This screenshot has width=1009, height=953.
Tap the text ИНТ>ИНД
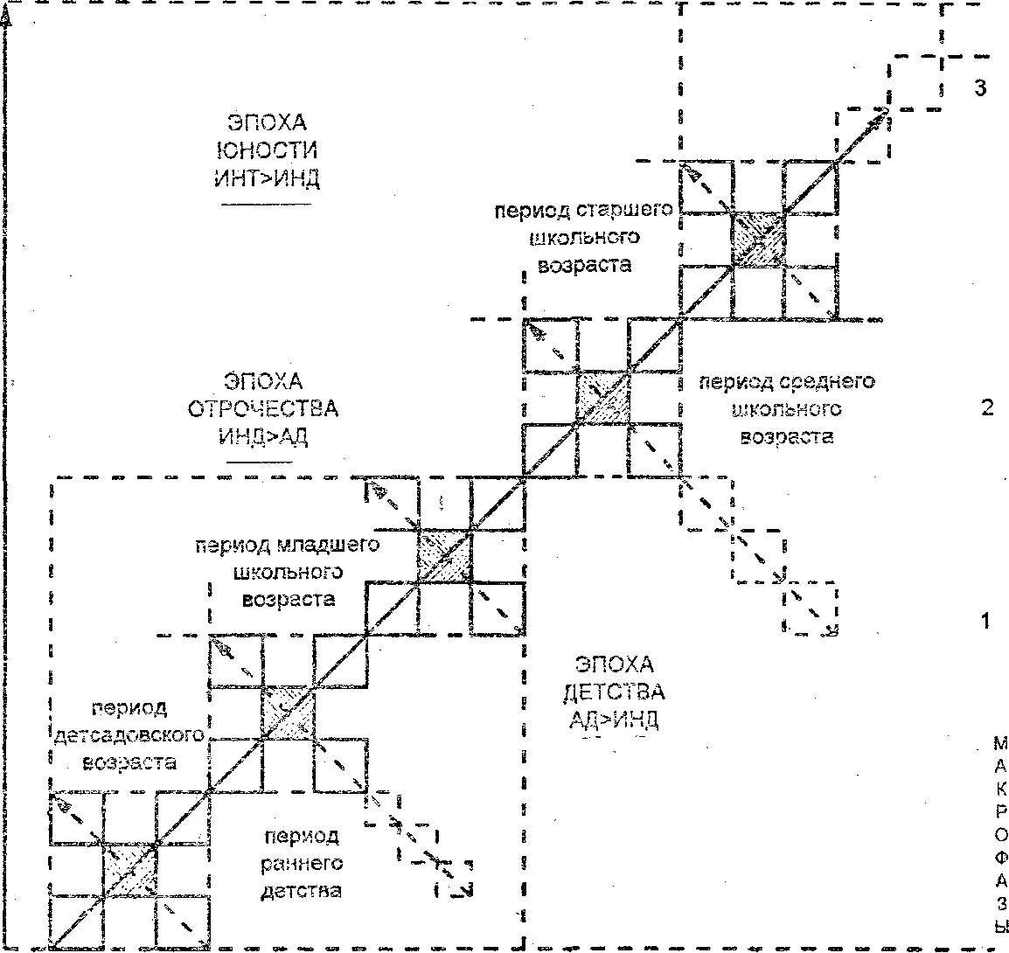266,179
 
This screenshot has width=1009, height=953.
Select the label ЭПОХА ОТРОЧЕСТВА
263,395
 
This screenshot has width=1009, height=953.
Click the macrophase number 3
980,87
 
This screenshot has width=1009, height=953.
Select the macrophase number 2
987,408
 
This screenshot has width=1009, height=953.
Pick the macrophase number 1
985,622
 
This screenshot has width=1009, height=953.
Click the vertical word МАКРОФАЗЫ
1000,835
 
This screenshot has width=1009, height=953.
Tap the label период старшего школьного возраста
584,238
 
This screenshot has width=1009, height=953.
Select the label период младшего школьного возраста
288,573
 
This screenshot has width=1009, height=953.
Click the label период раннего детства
301,864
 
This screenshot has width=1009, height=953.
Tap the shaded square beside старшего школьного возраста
757,239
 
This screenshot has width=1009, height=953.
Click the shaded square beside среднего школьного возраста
602,398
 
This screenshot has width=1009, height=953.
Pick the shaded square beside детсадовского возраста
287,713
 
